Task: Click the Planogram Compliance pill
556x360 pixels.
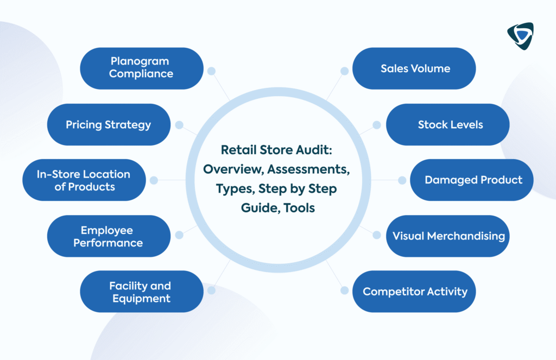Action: [142, 68]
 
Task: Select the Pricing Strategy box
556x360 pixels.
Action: [109, 124]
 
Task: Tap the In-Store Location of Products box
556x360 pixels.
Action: [84, 180]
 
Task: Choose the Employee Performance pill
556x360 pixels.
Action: [109, 236]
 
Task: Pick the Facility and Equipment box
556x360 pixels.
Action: [142, 292]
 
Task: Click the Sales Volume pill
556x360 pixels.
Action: [414, 68]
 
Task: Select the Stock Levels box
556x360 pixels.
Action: [448, 124]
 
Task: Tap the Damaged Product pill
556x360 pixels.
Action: [472, 180]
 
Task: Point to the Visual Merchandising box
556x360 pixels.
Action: [448, 236]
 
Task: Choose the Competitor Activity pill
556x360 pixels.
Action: [414, 292]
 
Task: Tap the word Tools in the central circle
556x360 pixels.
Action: [299, 208]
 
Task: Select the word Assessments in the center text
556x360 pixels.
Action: [308, 169]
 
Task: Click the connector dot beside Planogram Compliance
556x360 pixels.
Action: [211, 71]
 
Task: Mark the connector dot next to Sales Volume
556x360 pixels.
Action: [344, 71]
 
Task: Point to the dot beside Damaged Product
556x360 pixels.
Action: [402, 180]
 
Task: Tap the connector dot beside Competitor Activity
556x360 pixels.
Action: [344, 290]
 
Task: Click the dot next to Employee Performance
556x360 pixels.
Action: [179, 235]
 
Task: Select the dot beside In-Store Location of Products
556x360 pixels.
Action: [154, 180]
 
